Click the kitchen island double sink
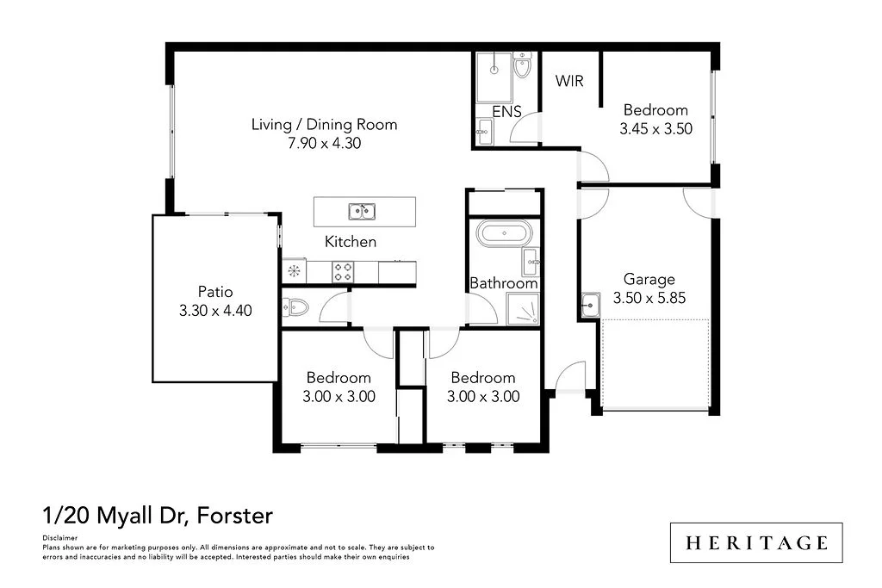point(362,210)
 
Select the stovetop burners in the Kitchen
point(342,272)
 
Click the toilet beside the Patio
point(295,306)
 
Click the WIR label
point(569,81)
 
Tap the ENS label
point(506,111)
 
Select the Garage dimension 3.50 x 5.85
point(649,299)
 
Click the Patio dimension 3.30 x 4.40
point(214,311)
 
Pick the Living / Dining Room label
point(324,125)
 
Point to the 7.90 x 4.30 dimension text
point(324,144)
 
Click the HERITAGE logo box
point(756,542)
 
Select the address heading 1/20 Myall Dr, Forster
point(158,516)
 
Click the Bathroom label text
point(504,283)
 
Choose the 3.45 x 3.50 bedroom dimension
point(655,128)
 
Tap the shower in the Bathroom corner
point(522,308)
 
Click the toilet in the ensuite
point(522,66)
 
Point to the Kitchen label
point(350,242)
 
